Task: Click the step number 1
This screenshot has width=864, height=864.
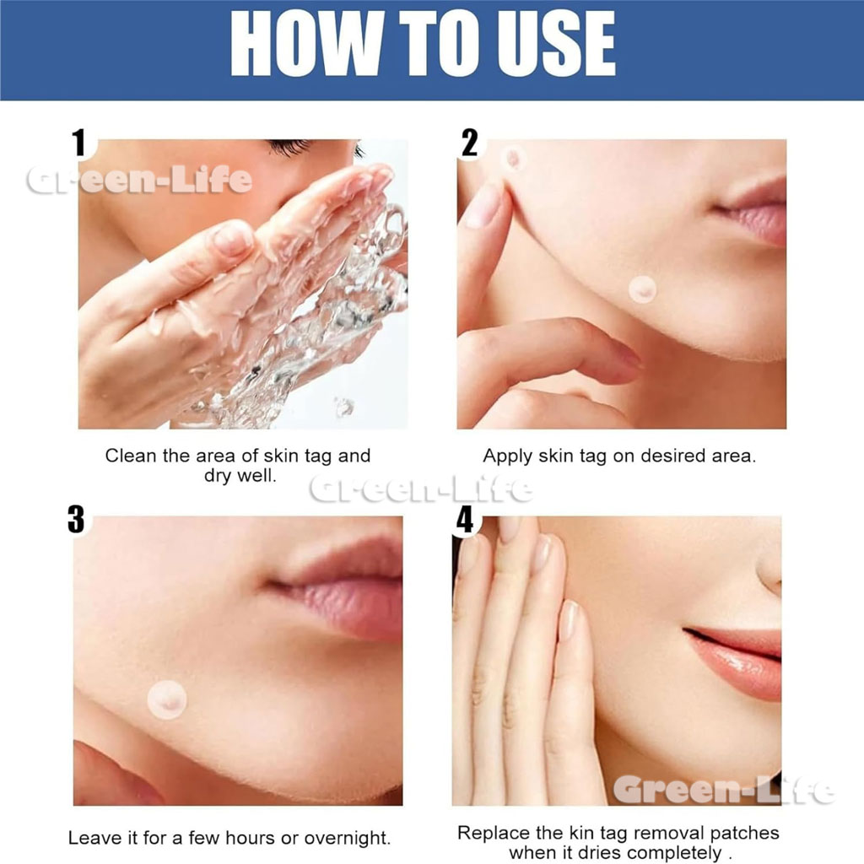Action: (79, 143)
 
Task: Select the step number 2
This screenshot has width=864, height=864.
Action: (469, 143)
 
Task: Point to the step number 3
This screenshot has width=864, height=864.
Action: (77, 520)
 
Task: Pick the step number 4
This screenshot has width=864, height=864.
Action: (465, 520)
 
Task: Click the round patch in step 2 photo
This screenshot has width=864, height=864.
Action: (642, 289)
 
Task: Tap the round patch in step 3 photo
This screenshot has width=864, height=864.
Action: (167, 699)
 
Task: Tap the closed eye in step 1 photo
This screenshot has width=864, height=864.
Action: (292, 147)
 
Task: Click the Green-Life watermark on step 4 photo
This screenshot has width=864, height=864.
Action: (724, 790)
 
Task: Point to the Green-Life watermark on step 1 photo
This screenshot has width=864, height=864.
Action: (139, 180)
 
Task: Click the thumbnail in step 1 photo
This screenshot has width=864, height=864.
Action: (232, 239)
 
